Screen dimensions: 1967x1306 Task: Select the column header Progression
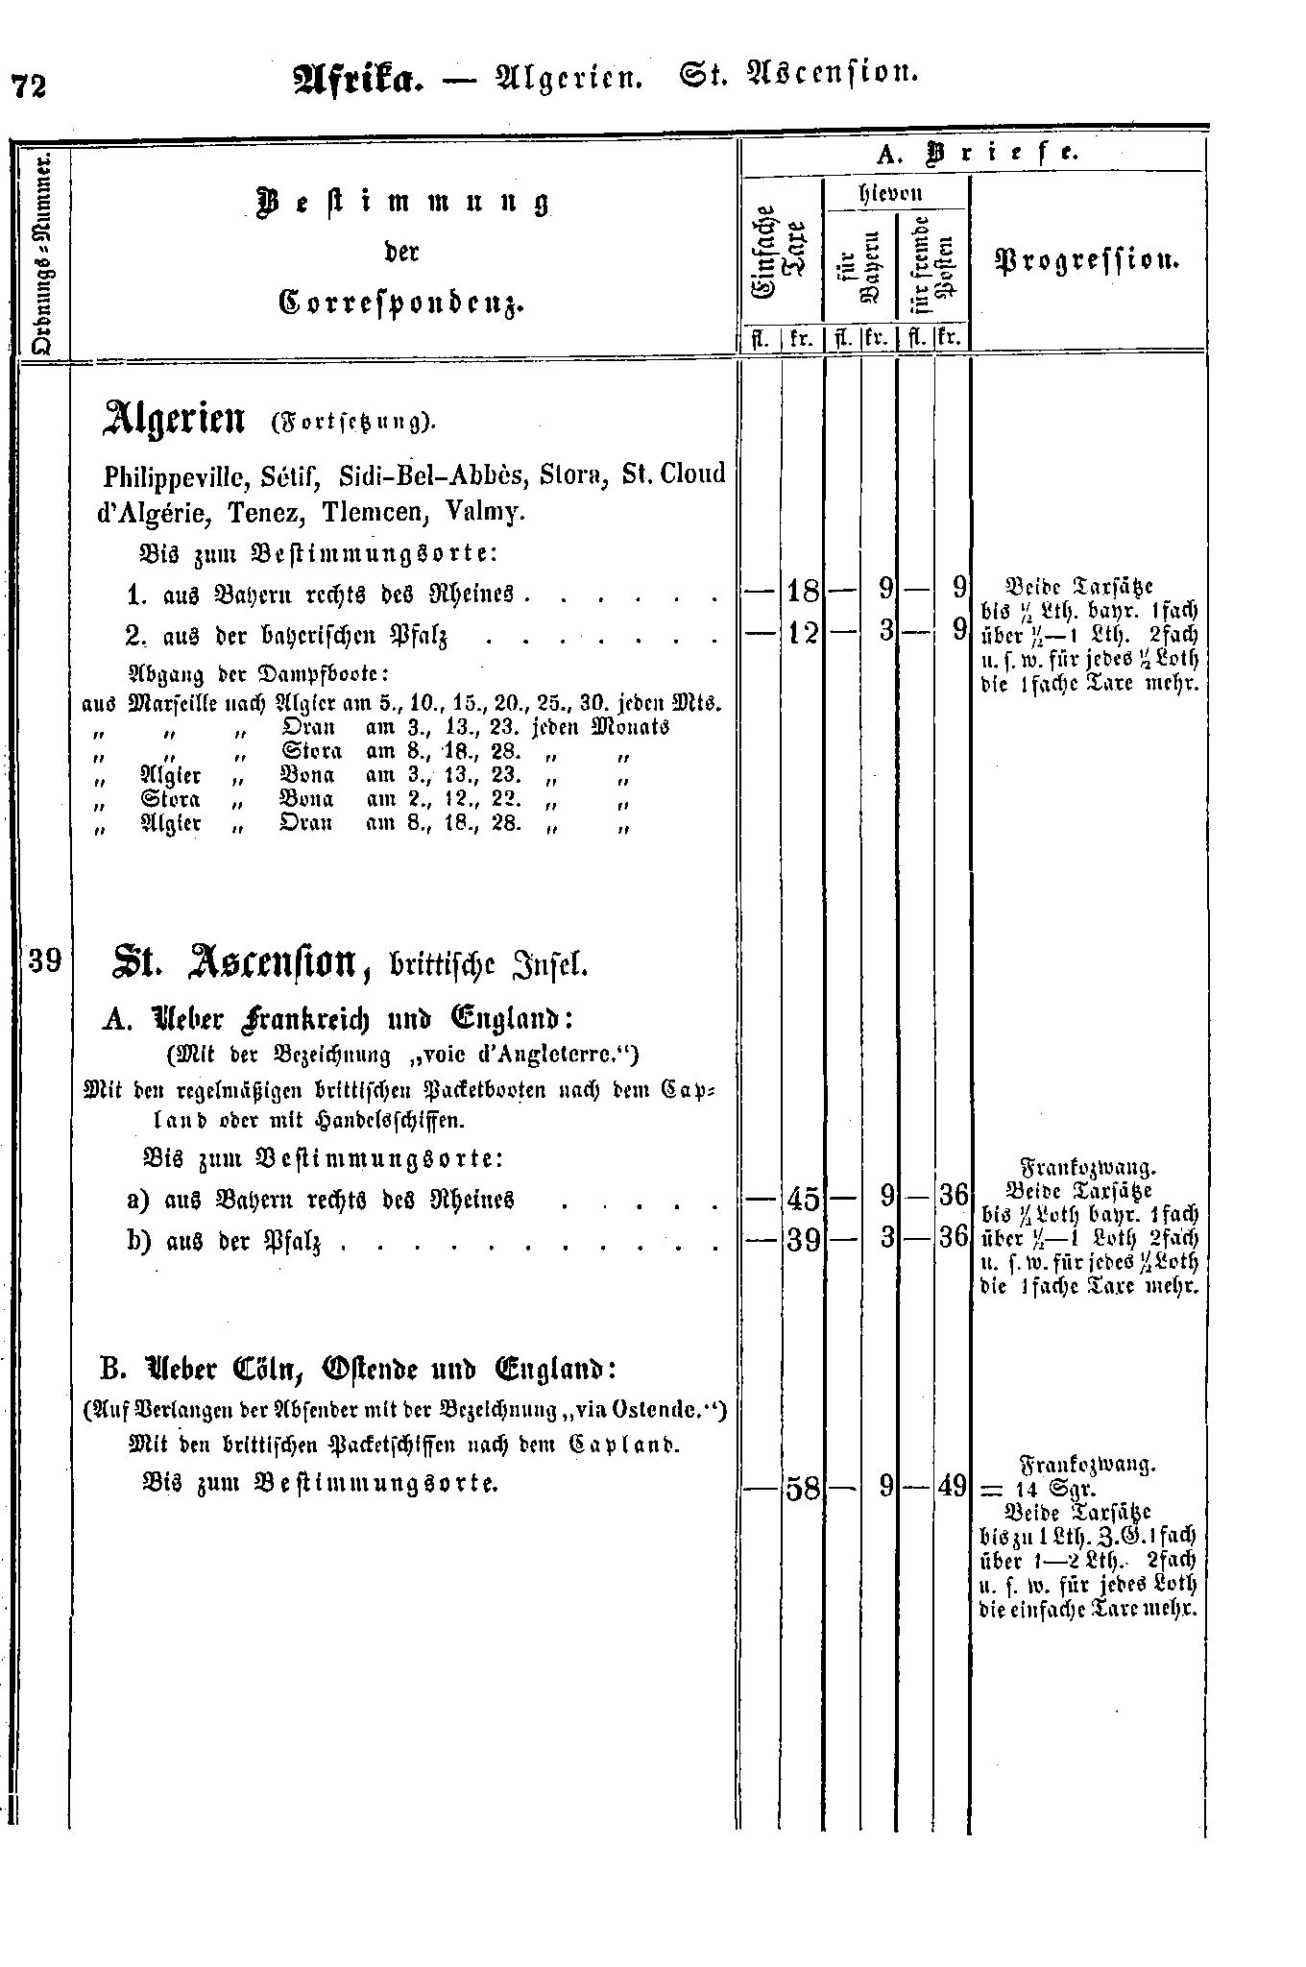pyautogui.click(x=1088, y=261)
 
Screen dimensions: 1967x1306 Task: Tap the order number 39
pyautogui.click(x=45, y=959)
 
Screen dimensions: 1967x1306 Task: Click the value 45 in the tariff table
pyautogui.click(x=802, y=1198)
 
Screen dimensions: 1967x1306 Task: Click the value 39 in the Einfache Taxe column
pyautogui.click(x=802, y=1240)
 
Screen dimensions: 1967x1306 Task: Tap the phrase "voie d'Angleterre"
pyautogui.click(x=545, y=1056)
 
